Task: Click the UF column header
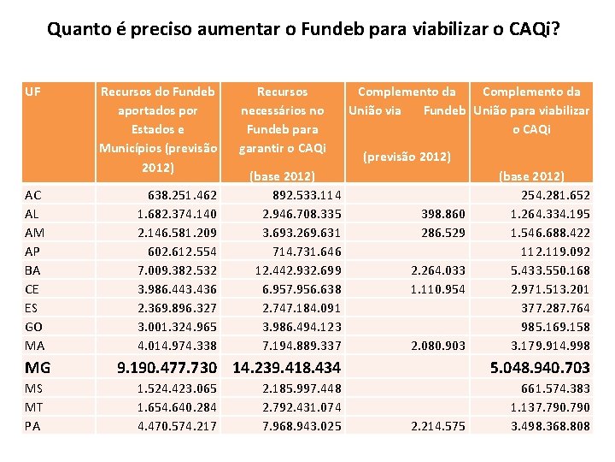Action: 33,92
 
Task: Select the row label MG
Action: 38,369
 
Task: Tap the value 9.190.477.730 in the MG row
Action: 166,369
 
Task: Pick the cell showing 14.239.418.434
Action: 286,369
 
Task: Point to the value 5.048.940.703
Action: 539,369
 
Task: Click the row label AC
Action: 33,195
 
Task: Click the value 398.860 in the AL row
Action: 443,214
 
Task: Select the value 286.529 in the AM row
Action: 443,233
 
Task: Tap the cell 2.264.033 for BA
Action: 438,270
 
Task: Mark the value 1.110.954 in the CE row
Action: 438,289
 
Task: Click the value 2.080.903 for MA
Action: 438,346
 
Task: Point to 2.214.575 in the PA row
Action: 438,426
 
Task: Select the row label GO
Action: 33,327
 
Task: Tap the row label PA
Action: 32,426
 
